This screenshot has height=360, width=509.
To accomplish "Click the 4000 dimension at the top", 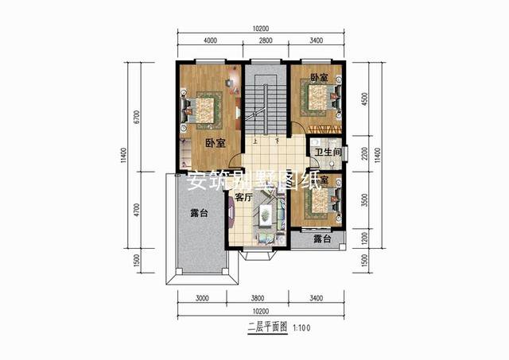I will (x=210, y=41).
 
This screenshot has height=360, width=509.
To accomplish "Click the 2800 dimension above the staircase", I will (x=266, y=41).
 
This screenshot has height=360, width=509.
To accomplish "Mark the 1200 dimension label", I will (x=365, y=238).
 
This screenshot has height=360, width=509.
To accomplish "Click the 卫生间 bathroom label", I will (x=328, y=151).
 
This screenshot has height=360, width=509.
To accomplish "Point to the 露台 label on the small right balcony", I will (x=321, y=239).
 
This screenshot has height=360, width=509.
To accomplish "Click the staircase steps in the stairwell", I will (x=256, y=103).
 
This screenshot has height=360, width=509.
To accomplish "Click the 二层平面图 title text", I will (x=266, y=327).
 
